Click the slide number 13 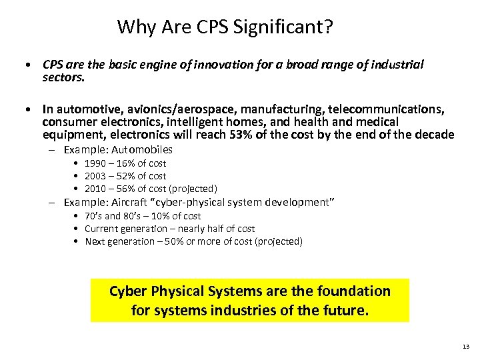465,347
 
